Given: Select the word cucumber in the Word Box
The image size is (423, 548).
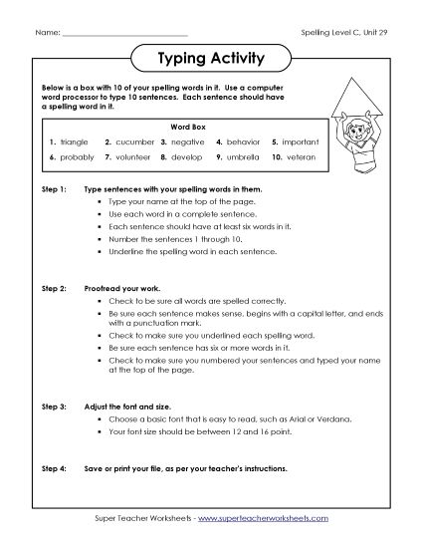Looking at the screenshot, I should pos(133,142).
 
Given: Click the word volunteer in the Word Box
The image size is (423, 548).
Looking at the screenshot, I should pos(133,157).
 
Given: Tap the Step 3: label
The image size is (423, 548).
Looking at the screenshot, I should pos(54,407).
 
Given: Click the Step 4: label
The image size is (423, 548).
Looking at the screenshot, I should pos(54,467).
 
